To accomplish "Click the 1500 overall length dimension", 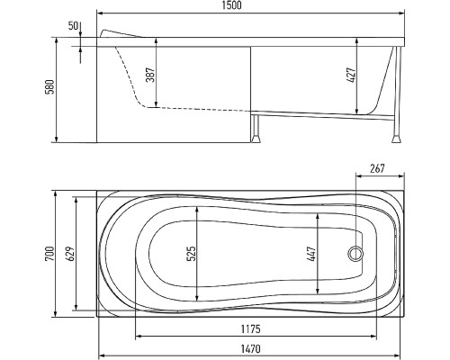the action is (x=232, y=5).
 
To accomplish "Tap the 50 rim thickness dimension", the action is (x=73, y=26).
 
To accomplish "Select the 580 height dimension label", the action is (x=50, y=87).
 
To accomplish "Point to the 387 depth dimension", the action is (x=150, y=75).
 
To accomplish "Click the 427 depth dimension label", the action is (x=351, y=75).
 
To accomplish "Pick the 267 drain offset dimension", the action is (x=377, y=168).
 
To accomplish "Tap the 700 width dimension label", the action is (x=49, y=254).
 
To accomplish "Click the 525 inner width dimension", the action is (x=192, y=254).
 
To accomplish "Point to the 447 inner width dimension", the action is (x=312, y=254).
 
